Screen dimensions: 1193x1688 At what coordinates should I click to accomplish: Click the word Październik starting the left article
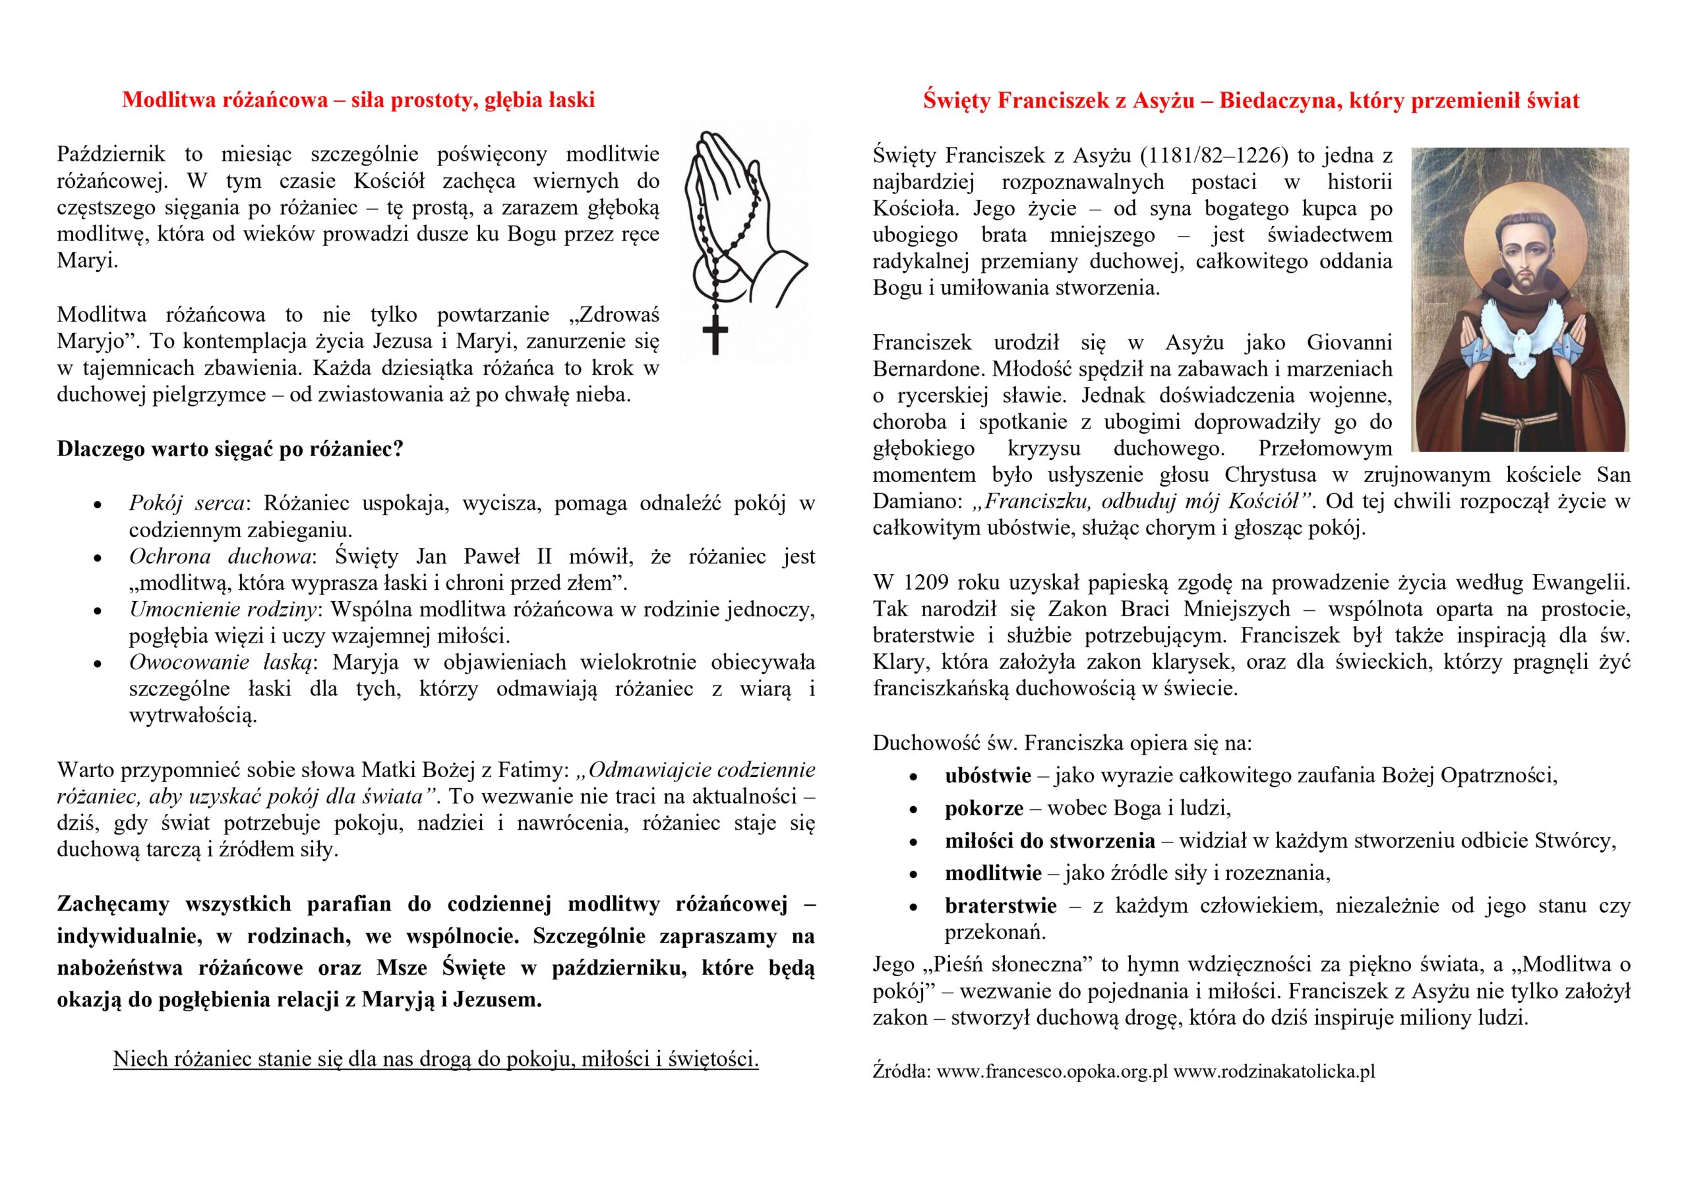111,154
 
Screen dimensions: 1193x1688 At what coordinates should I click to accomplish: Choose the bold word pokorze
984,809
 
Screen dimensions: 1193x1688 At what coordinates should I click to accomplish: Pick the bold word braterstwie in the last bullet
1000,906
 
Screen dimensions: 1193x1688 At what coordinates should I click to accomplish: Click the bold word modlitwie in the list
993,873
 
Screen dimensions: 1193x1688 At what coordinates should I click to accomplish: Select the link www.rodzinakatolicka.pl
1274,1071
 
